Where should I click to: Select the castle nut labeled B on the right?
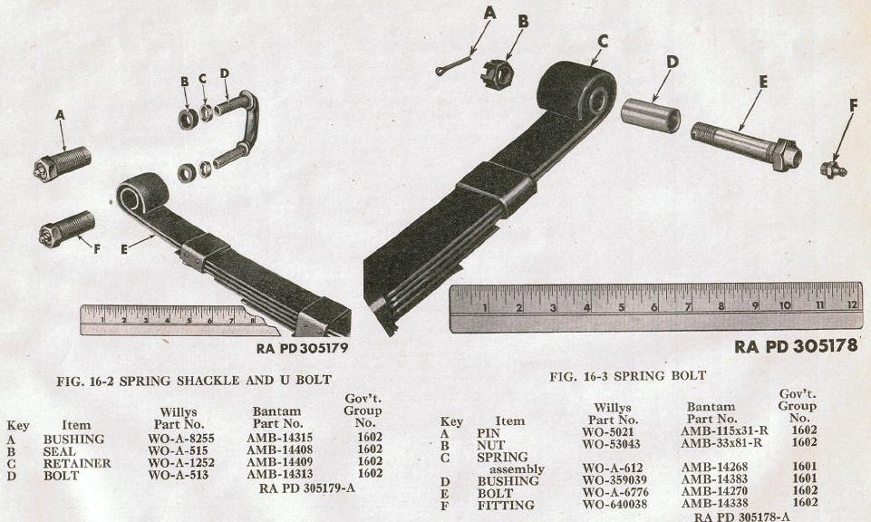coord(496,72)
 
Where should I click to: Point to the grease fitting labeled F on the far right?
coord(833,168)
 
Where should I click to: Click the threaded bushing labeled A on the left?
coord(63,163)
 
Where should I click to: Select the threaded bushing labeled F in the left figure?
coord(67,228)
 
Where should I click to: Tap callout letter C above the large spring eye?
coord(603,41)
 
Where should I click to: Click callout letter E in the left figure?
coord(124,249)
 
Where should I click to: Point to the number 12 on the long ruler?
coord(853,304)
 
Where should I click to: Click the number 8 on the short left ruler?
coord(253,320)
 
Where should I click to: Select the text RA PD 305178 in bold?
coord(796,346)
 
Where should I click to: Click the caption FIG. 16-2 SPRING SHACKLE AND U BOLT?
coord(194,381)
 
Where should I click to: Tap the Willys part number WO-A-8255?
coord(180,439)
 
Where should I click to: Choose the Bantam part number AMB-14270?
coord(714,491)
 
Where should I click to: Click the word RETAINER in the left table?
coord(77,463)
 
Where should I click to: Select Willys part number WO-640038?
coord(615,505)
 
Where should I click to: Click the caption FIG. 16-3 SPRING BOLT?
coord(628,376)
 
